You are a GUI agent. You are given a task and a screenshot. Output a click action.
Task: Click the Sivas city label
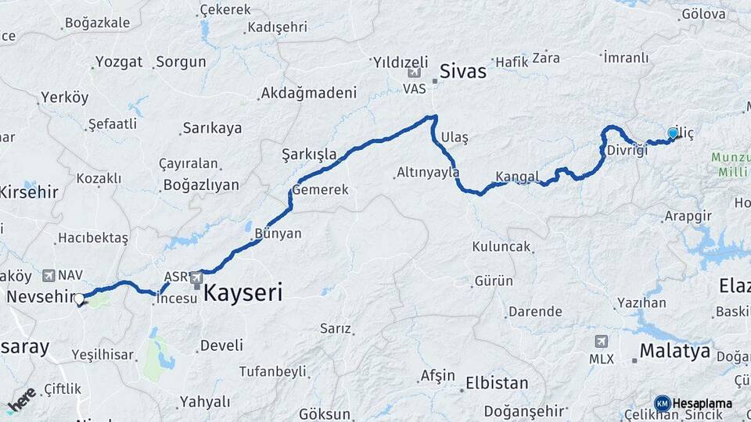point(462,71)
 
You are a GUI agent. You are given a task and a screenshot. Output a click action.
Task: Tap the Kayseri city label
point(243,293)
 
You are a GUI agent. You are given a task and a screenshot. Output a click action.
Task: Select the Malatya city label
point(674,351)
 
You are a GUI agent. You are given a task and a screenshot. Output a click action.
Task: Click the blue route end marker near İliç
point(673,134)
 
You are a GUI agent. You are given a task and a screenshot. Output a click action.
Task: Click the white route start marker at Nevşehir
point(79,298)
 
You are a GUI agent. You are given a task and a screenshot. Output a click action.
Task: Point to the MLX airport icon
point(601,341)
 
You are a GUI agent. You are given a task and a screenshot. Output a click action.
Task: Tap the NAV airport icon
point(50,275)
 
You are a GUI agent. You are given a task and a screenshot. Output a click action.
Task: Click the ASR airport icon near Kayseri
point(196,275)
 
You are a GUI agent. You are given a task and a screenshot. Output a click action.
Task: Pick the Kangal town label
point(518,176)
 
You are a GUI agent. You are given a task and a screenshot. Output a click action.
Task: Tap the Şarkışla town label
point(308,155)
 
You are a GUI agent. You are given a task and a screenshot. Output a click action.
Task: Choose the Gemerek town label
point(321,189)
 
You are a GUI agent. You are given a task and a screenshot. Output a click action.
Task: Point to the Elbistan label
point(497,384)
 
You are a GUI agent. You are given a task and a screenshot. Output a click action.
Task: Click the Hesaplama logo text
point(702,403)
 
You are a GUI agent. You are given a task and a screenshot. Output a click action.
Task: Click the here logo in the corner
point(21,399)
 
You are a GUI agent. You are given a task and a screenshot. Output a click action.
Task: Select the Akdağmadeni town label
point(308,92)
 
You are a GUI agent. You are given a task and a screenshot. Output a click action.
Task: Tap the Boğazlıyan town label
point(200,185)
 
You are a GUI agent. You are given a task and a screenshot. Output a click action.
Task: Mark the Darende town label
point(535,311)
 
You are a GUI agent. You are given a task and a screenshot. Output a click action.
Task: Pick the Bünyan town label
point(278,233)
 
